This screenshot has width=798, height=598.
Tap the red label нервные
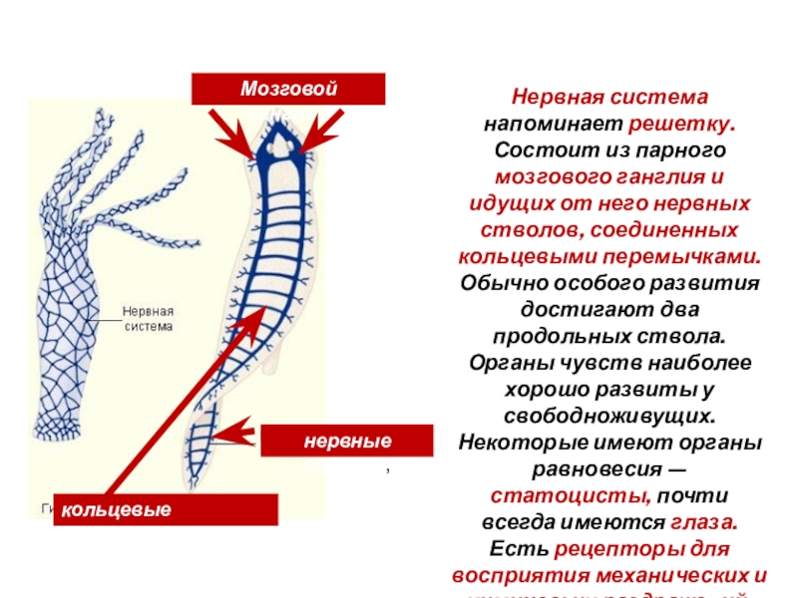click(x=347, y=441)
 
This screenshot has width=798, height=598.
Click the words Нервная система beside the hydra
click(x=148, y=318)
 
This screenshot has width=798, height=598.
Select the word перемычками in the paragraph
click(x=695, y=255)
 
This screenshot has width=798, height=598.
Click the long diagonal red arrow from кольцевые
click(x=190, y=398)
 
